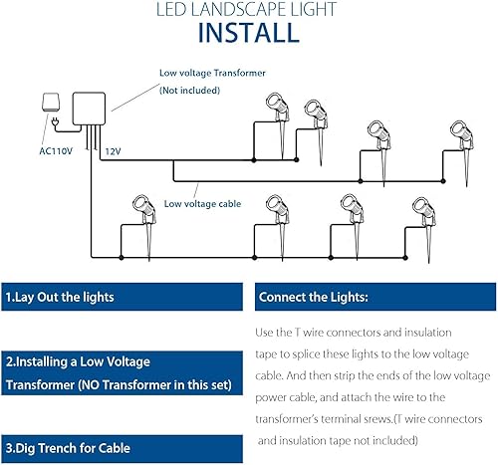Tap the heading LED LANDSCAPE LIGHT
[x=248, y=9]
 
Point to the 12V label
[x=114, y=152]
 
